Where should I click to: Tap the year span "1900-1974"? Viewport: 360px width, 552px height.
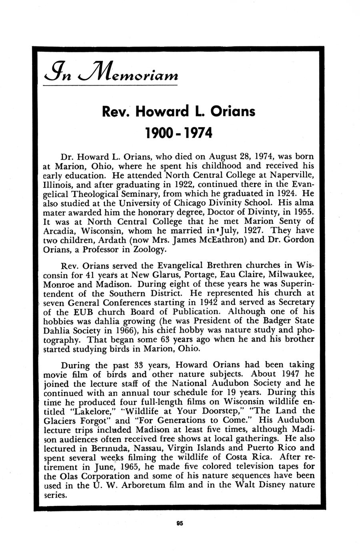[x=180, y=133]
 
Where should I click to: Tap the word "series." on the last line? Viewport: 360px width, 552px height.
[x=55, y=495]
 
